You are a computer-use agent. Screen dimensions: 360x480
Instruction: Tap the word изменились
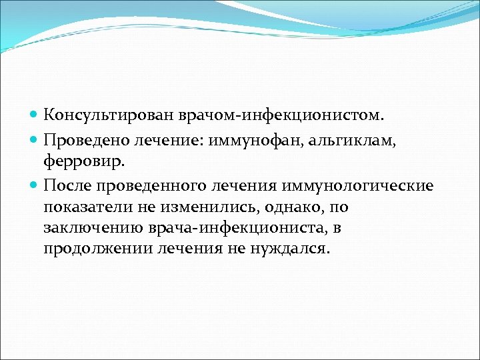coord(192,207)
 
